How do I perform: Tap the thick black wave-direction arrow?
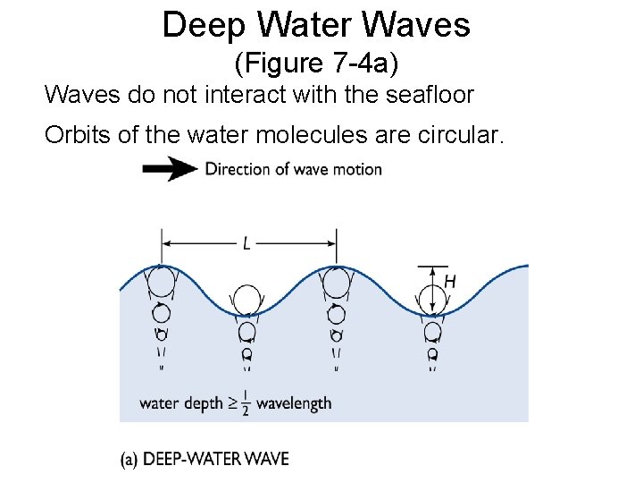[x=170, y=169]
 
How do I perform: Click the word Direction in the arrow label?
[x=235, y=169]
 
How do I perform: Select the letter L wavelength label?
[x=246, y=241]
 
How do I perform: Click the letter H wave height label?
[x=449, y=282]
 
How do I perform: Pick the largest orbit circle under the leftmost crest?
[x=161, y=283]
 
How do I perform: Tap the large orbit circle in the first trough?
[x=247, y=301]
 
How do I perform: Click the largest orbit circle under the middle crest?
[x=336, y=283]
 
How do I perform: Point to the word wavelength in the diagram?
[x=294, y=403]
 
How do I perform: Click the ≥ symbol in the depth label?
[x=232, y=403]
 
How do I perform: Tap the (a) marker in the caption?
[x=129, y=460]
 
